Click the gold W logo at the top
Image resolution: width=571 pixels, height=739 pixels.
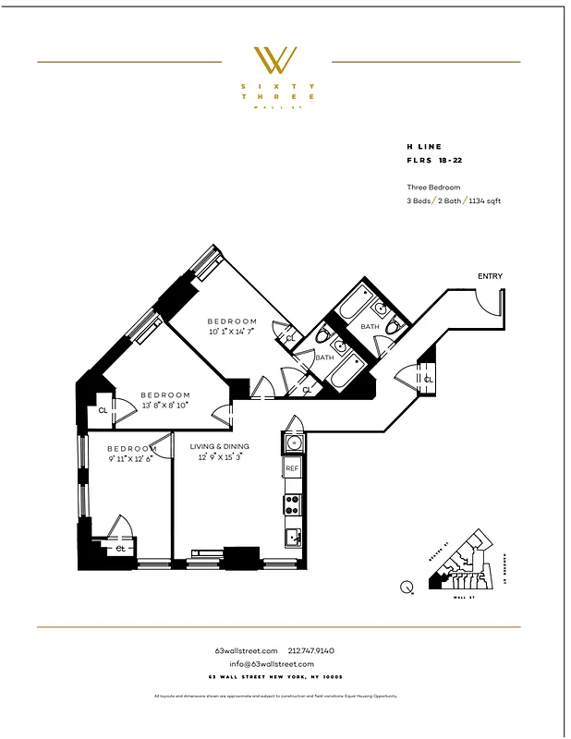(x=276, y=60)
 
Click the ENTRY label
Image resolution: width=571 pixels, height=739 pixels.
(x=490, y=276)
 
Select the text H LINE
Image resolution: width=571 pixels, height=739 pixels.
(x=423, y=146)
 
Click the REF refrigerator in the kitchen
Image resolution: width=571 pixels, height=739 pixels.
(x=292, y=469)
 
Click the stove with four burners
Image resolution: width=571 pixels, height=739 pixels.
(x=292, y=504)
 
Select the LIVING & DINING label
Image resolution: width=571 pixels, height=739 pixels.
(x=220, y=446)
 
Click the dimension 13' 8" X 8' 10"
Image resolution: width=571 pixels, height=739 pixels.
(x=164, y=405)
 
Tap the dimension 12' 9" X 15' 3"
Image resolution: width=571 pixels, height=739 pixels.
(x=219, y=456)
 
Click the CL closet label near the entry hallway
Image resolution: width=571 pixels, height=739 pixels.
(x=428, y=379)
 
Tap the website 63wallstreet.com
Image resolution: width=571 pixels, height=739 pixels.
(x=246, y=651)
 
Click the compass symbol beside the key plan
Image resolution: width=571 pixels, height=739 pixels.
(x=407, y=586)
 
